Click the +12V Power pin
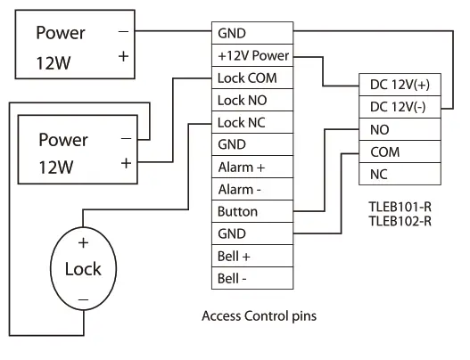(252, 55)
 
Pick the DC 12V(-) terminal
(398, 107)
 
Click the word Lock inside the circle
(83, 268)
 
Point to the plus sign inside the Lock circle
(83, 241)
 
